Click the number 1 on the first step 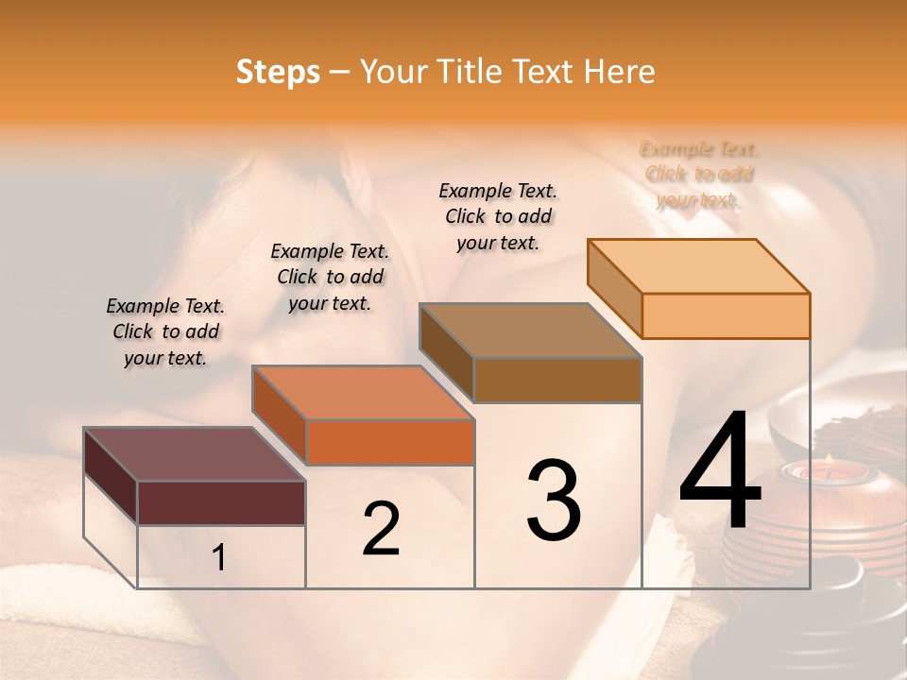coord(219,558)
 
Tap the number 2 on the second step coord(381,528)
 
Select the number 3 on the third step coord(554,501)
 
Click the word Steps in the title coord(278,72)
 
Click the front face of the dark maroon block coord(221,502)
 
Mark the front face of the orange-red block coord(390,442)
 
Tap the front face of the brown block coord(557,380)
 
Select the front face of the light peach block coord(726,315)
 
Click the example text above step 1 coord(165,332)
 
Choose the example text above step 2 coord(330,278)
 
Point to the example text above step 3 coord(498,216)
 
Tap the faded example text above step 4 coord(699,175)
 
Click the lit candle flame coord(829,461)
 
